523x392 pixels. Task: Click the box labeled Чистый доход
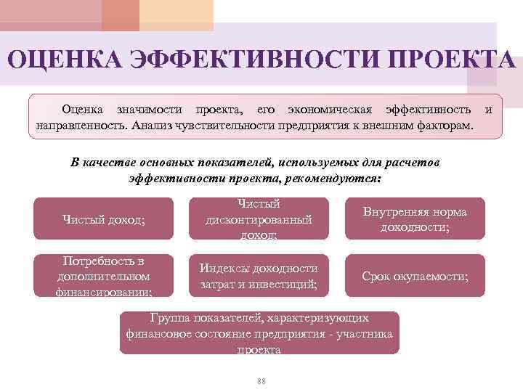(x=104, y=219)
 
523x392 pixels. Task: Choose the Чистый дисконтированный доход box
(x=259, y=219)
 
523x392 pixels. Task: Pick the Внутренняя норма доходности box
(x=414, y=219)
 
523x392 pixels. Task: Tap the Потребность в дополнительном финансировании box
(x=104, y=277)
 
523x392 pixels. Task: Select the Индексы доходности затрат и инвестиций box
(x=259, y=277)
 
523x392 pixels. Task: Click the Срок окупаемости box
(x=414, y=277)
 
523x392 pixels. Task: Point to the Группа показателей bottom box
(x=259, y=333)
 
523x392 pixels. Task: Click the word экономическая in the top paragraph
(x=329, y=110)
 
